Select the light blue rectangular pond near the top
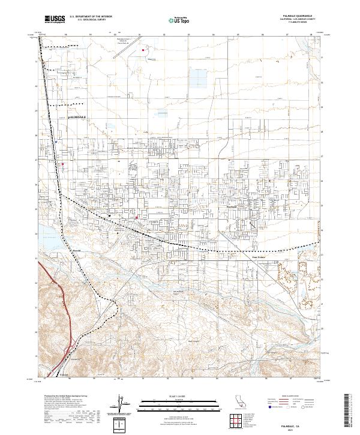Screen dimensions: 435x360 coord(198,76)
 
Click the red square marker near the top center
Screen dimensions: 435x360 coord(143,50)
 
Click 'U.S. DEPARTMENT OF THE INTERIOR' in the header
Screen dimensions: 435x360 coord(92,17)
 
